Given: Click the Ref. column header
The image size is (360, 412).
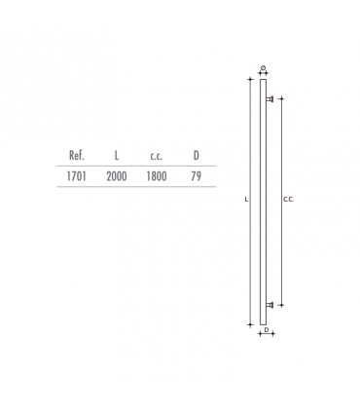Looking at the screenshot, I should (78, 155).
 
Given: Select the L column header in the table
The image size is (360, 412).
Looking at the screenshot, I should (117, 155).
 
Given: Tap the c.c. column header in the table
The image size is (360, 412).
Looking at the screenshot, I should (155, 155).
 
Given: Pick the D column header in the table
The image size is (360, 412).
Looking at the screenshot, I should (196, 155).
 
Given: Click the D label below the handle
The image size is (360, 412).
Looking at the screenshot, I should (266, 330).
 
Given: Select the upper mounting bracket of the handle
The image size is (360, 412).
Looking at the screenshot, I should (270, 97).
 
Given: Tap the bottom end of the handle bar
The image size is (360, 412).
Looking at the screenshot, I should (263, 322).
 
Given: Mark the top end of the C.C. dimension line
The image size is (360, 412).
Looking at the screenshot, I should (281, 97).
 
